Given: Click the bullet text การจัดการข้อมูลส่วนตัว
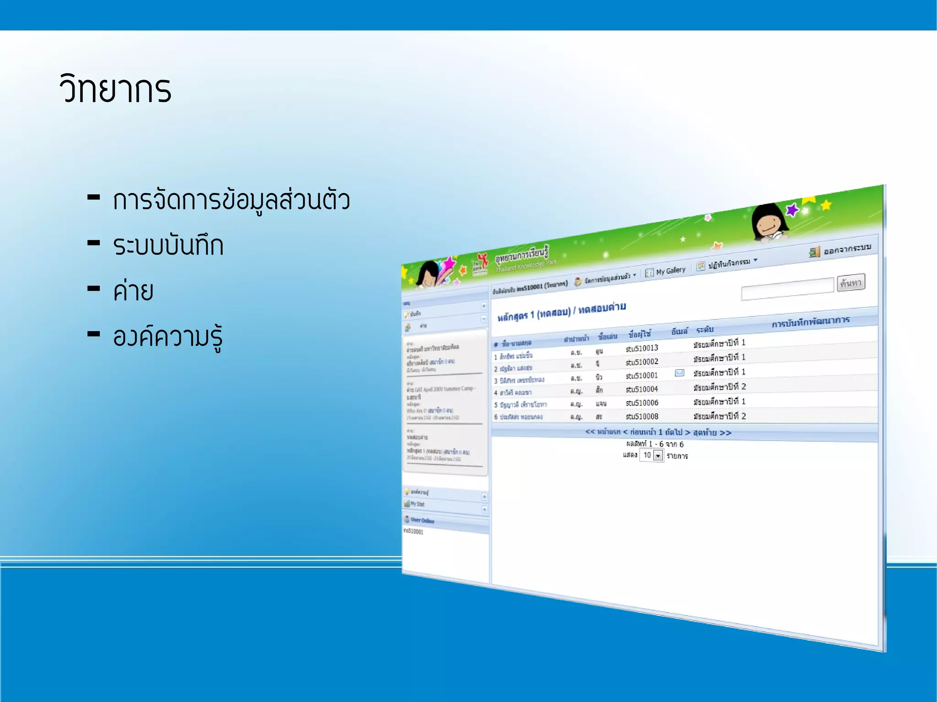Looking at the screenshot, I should pyautogui.click(x=231, y=201).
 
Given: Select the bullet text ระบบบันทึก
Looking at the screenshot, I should pyautogui.click(x=168, y=246).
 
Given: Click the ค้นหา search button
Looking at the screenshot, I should pyautogui.click(x=851, y=283).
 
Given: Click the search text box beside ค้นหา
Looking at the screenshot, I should pyautogui.click(x=787, y=289).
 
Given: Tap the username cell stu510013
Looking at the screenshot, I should pyautogui.click(x=642, y=348).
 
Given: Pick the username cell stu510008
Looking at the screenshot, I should pyautogui.click(x=642, y=417).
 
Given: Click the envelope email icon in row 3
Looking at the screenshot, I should pyautogui.click(x=679, y=373).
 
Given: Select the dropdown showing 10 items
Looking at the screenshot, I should pyautogui.click(x=652, y=455).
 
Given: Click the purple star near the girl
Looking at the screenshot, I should pyautogui.click(x=792, y=210).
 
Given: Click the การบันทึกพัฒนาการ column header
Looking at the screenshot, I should pyautogui.click(x=810, y=322).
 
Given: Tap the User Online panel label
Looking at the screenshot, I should pyautogui.click(x=422, y=520).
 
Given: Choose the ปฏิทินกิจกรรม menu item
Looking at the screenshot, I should pyautogui.click(x=729, y=263).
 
